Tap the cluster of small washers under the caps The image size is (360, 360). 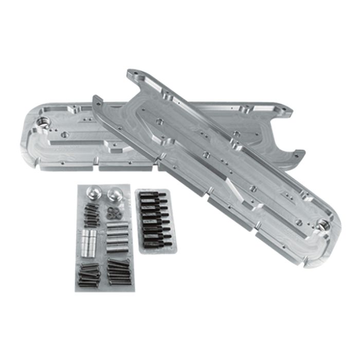[113, 211]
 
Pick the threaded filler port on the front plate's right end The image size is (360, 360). [323, 225]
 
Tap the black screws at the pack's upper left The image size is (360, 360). [91, 215]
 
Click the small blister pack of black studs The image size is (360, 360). [156, 220]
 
